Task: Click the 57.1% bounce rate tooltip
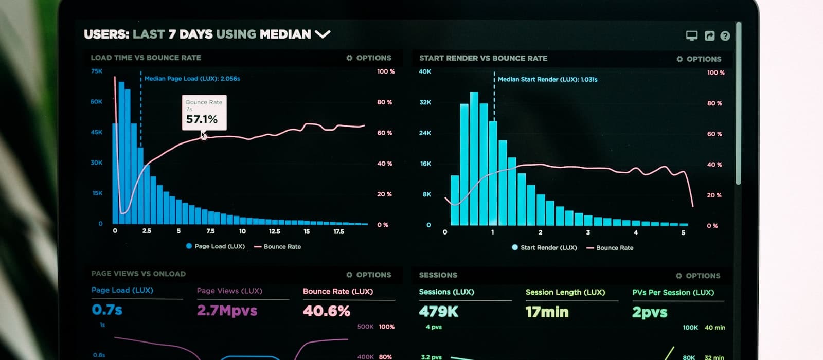pyautogui.click(x=204, y=113)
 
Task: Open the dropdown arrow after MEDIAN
pyautogui.click(x=323, y=34)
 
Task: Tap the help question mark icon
pyautogui.click(x=725, y=35)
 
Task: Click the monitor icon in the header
pyautogui.click(x=692, y=35)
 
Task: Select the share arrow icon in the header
pyautogui.click(x=709, y=35)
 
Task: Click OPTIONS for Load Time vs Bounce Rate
pyautogui.click(x=368, y=58)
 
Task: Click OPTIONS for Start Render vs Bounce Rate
pyautogui.click(x=699, y=59)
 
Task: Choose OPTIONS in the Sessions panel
pyautogui.click(x=698, y=276)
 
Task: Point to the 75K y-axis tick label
pyautogui.click(x=97, y=71)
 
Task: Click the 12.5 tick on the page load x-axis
pyautogui.click(x=275, y=231)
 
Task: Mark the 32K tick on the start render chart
pyautogui.click(x=425, y=102)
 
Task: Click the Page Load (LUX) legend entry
pyautogui.click(x=216, y=246)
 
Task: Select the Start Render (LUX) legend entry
pyautogui.click(x=545, y=247)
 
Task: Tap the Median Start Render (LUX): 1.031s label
pyautogui.click(x=547, y=79)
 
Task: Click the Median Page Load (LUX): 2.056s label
pyautogui.click(x=192, y=79)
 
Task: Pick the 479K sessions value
pyautogui.click(x=439, y=312)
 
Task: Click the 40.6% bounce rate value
pyautogui.click(x=327, y=311)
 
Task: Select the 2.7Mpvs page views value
pyautogui.click(x=227, y=311)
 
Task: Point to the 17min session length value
pyautogui.click(x=547, y=312)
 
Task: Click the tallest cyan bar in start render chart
pyautogui.click(x=474, y=158)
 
